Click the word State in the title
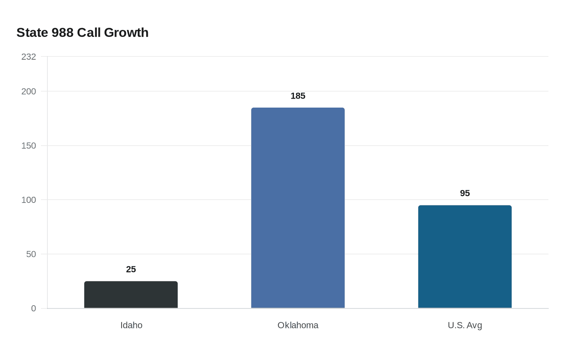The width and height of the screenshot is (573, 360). [32, 32]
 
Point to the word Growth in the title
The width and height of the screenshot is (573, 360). [126, 32]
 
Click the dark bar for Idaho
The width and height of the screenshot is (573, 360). [131, 295]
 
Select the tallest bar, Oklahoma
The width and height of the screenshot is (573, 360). [298, 208]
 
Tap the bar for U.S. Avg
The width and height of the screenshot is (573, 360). [465, 256]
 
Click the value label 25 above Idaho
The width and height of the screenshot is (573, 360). [131, 269]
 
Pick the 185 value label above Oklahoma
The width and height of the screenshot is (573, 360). [298, 96]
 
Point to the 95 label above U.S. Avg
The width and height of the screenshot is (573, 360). [465, 193]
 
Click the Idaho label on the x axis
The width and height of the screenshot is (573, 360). [131, 325]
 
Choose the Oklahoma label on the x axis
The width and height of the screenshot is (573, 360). [298, 325]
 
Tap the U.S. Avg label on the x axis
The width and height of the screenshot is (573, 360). [465, 325]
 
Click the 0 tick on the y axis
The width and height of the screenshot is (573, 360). [34, 308]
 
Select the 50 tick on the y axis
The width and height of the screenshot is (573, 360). [31, 254]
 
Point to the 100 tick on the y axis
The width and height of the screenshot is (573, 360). [29, 200]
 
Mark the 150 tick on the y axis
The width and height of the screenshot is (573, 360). [29, 146]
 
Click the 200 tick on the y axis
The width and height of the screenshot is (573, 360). [29, 91]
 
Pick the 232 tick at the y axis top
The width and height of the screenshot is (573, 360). [29, 56]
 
